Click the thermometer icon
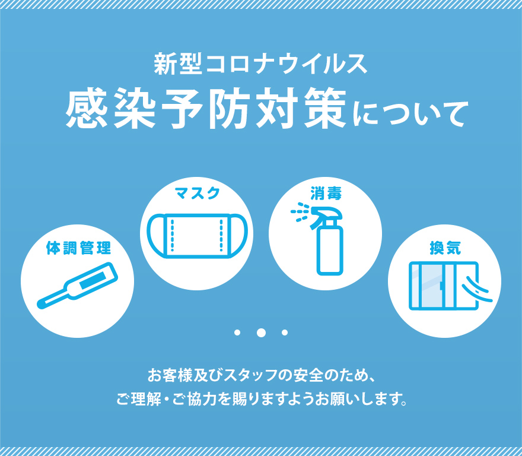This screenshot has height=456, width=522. [77, 286]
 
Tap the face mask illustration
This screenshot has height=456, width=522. [197, 236]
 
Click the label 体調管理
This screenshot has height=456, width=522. [78, 248]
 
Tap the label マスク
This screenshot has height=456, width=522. [198, 193]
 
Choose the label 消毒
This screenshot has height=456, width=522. [326, 193]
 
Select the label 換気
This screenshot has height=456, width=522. [445, 248]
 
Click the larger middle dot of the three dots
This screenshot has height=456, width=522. [261, 332]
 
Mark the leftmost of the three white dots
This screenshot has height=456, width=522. [237, 332]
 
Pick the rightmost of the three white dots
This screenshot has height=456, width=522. [285, 332]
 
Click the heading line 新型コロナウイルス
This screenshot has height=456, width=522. [260, 64]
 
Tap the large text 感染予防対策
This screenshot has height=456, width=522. [206, 108]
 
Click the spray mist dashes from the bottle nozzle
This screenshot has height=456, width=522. [300, 212]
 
